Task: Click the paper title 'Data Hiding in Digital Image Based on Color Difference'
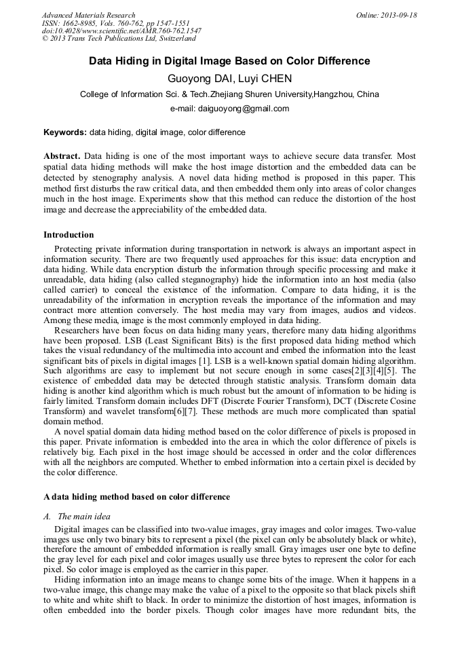click(229, 61)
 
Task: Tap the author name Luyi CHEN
click(267, 78)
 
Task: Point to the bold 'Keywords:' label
click(65, 132)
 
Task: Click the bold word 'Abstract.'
click(62, 155)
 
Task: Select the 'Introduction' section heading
click(69, 235)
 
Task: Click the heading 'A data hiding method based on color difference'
click(136, 497)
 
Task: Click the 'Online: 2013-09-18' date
click(387, 15)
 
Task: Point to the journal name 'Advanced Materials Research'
click(88, 15)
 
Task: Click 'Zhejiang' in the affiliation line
click(234, 94)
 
